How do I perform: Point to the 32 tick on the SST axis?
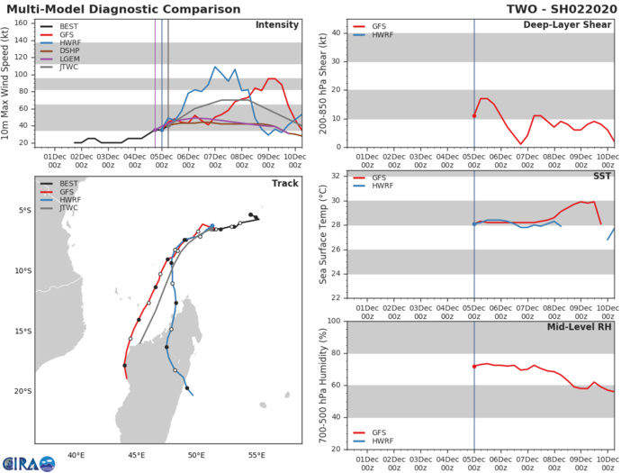click(x=337, y=177)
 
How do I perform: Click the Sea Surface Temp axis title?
click(x=322, y=235)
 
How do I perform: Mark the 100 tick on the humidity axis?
click(x=335, y=322)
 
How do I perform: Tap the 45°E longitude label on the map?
click(x=137, y=455)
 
